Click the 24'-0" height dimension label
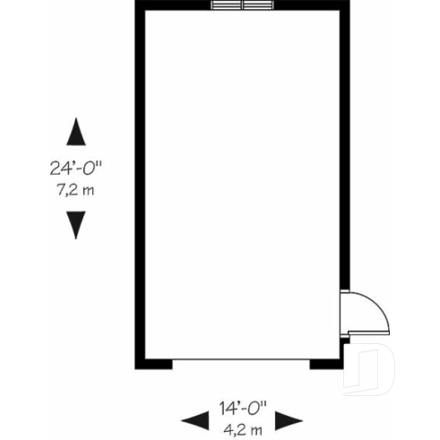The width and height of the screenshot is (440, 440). point(78,168)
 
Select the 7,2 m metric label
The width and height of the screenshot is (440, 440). point(78,189)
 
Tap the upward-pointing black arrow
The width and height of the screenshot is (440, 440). point(78,133)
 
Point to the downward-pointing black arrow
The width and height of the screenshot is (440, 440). point(78,224)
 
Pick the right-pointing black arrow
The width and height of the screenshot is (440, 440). point(289,419)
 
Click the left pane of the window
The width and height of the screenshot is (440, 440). point(228,6)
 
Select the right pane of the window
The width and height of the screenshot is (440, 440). point(256,6)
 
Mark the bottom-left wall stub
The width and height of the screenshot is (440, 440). point(153,364)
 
